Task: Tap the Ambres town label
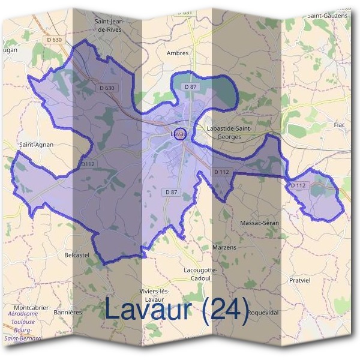pos(178,53)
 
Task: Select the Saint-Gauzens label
pos(326,15)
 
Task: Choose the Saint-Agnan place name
pos(37,145)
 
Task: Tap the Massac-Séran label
pos(259,223)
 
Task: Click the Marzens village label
pos(224,247)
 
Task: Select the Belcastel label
pos(76,255)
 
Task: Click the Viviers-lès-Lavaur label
pos(156,295)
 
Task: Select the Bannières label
pos(67,312)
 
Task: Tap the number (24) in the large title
pos(225,310)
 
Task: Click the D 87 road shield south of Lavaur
pos(170,191)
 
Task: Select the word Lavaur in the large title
pos(149,310)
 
